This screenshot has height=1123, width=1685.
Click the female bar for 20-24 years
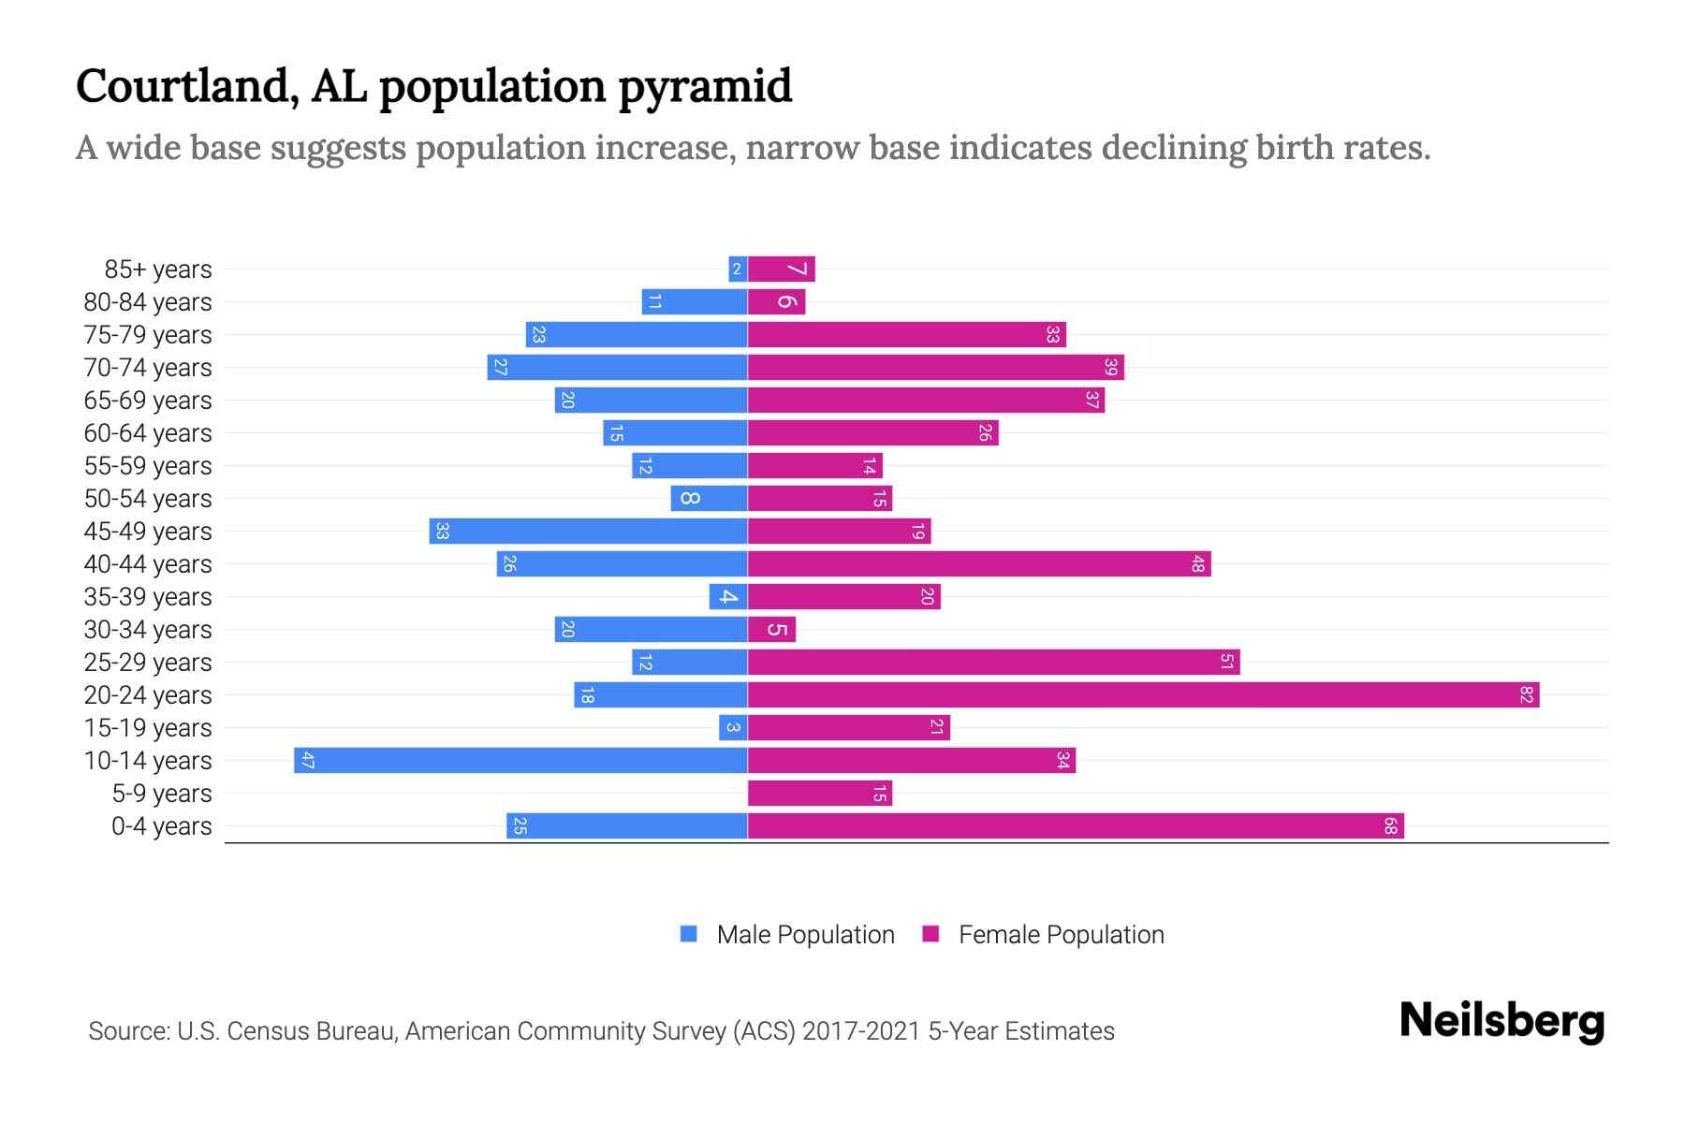pos(1142,695)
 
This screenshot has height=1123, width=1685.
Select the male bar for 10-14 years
pos(520,761)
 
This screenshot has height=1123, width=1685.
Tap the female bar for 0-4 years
pos(1075,826)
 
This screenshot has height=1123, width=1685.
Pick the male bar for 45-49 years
pos(588,532)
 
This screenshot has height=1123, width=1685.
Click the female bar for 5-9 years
pos(819,794)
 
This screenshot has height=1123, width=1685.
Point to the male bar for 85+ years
pos(738,270)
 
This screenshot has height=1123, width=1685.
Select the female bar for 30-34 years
pos(771,630)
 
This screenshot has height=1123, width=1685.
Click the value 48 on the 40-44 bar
pos(1198,564)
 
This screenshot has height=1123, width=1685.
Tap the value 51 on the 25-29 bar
pos(1227,663)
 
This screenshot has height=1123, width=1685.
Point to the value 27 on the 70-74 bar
pos(500,368)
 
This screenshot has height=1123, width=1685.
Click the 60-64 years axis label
pos(148,433)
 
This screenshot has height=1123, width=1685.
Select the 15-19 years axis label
pos(148,728)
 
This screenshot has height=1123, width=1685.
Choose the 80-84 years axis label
pos(148,302)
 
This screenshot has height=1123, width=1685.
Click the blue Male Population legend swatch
pos(689,934)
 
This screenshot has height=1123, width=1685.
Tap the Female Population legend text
pos(1061,935)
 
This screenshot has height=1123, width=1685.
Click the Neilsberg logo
pos(1502,1021)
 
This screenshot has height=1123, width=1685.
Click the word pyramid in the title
pos(705,87)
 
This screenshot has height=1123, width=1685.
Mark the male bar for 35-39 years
pos(727,597)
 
